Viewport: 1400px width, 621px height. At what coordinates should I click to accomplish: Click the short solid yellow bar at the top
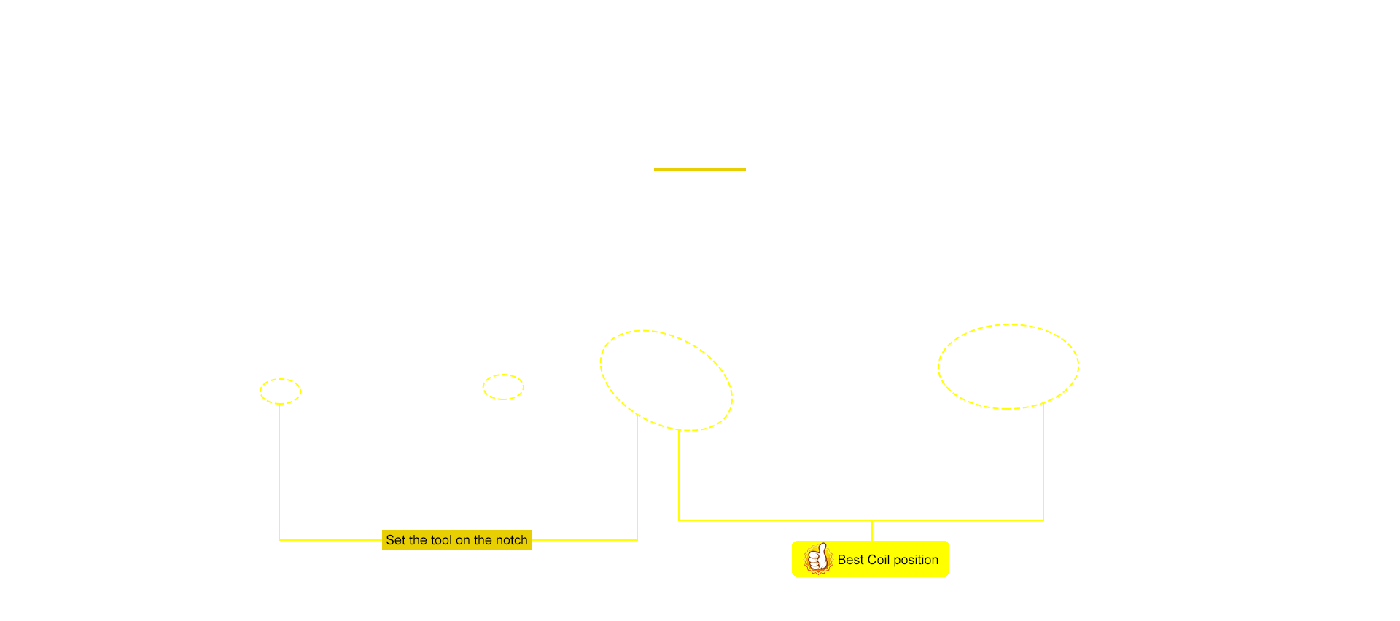click(x=700, y=170)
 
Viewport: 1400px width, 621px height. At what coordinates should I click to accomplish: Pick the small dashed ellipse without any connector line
click(x=503, y=375)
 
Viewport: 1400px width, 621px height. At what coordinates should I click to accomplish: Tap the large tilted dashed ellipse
click(x=601, y=364)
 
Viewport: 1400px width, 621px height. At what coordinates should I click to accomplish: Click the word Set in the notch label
click(x=395, y=540)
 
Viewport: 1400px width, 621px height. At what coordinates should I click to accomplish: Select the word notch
click(x=511, y=540)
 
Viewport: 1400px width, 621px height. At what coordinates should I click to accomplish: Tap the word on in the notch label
click(x=462, y=540)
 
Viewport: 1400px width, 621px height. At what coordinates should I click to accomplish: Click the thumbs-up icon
click(x=817, y=559)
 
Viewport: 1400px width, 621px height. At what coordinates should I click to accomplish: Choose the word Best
click(x=850, y=560)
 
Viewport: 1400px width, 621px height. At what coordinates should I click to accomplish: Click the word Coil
click(x=879, y=560)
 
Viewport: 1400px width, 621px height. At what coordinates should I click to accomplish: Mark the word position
click(x=916, y=561)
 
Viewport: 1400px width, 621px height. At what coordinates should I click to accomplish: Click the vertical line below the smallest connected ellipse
click(x=279, y=472)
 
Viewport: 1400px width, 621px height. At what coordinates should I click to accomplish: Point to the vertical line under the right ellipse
click(x=1043, y=461)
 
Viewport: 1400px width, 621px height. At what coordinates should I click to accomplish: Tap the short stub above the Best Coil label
click(x=872, y=531)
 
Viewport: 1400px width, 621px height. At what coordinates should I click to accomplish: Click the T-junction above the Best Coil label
click(x=872, y=520)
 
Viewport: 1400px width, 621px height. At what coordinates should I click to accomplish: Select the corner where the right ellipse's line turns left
click(x=1043, y=520)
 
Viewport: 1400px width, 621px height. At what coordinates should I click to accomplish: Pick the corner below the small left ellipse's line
click(x=279, y=540)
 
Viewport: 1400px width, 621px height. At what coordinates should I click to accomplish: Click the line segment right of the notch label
click(x=585, y=540)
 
